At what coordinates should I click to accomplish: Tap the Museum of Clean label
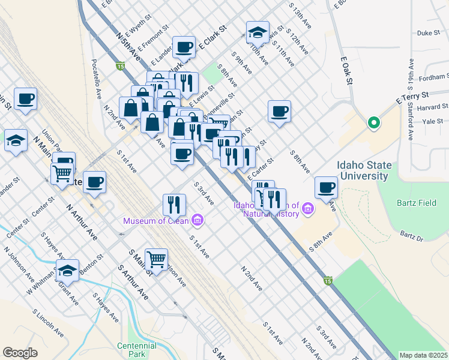[x=157, y=221]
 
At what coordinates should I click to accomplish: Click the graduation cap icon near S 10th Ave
[x=257, y=32]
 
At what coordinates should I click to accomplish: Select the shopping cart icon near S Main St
[x=156, y=259]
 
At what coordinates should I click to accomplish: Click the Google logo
[x=20, y=353]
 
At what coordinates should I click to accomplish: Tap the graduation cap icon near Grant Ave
[x=68, y=270]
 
